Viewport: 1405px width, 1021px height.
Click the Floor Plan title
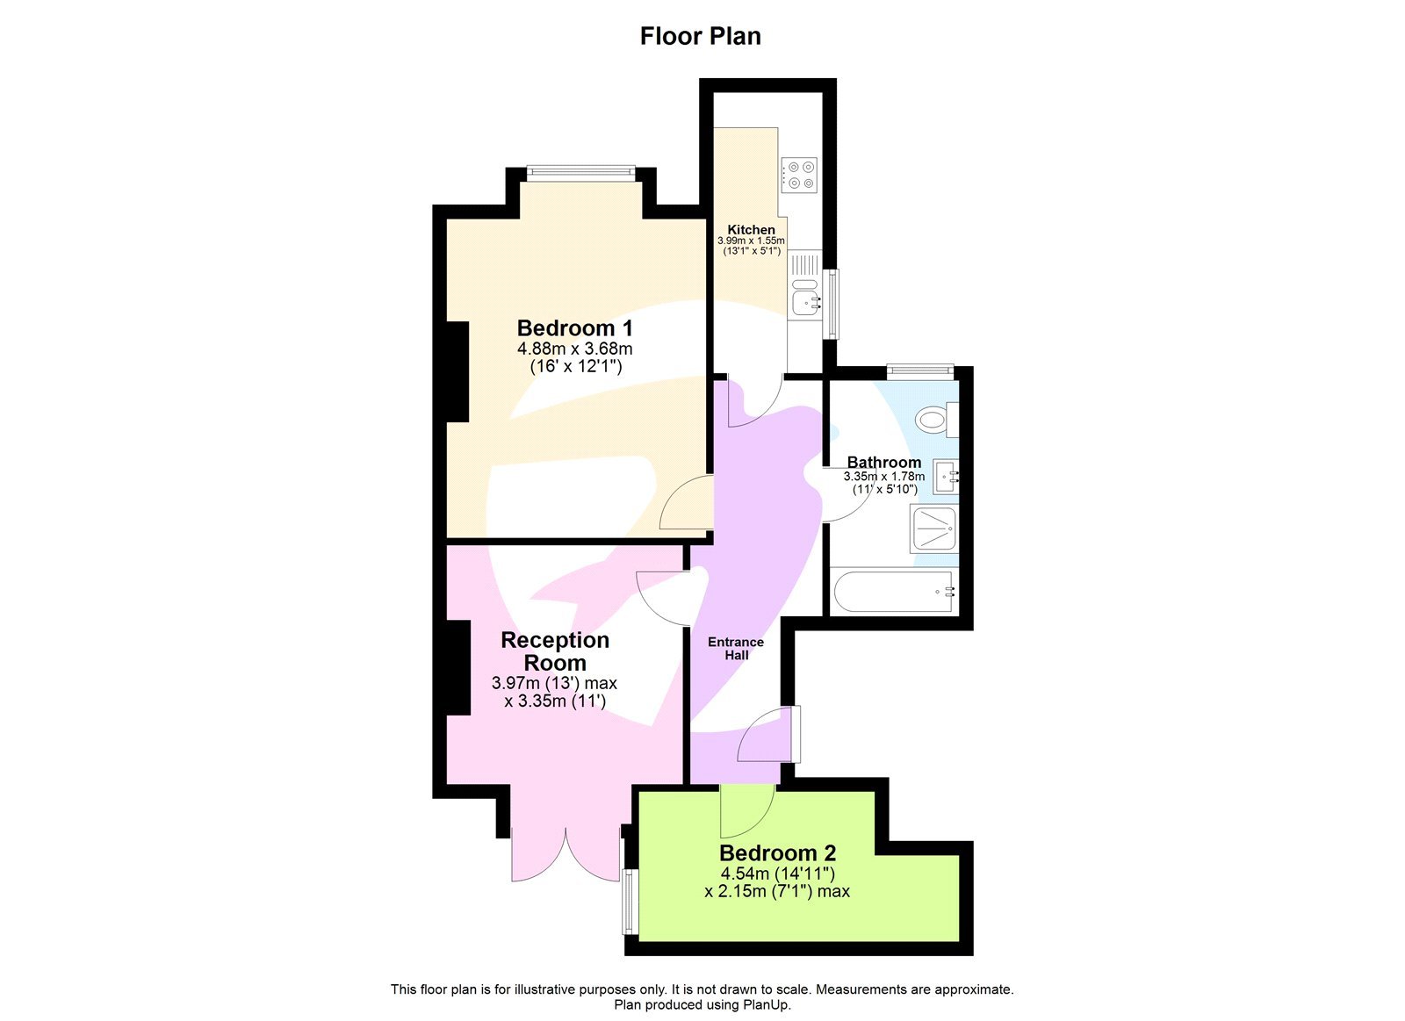click(x=700, y=37)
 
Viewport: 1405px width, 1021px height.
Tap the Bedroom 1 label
click(x=574, y=328)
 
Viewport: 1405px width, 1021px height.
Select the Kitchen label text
click(x=751, y=230)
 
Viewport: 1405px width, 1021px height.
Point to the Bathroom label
click(x=883, y=463)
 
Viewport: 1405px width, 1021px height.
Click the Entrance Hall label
click(x=736, y=648)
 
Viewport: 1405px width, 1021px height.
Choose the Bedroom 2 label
click(x=777, y=852)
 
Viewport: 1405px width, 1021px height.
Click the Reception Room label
click(x=555, y=651)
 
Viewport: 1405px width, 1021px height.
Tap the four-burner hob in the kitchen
click(x=800, y=175)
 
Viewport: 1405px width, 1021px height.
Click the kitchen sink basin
click(x=806, y=303)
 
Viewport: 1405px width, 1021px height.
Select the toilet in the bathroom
click(x=933, y=420)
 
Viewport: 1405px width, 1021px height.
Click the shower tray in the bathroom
click(x=933, y=529)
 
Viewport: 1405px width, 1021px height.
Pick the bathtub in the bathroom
click(x=892, y=592)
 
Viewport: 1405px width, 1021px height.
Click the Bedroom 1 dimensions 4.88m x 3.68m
click(x=574, y=349)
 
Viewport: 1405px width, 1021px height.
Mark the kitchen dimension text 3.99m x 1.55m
click(x=751, y=241)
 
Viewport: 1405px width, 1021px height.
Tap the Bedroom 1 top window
click(x=580, y=173)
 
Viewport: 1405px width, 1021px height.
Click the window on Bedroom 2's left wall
click(x=629, y=902)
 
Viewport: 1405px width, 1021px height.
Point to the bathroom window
click(x=919, y=371)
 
